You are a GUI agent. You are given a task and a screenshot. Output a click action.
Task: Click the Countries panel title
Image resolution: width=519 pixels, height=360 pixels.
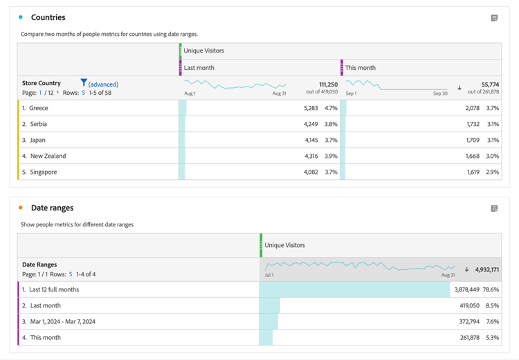tap(48, 17)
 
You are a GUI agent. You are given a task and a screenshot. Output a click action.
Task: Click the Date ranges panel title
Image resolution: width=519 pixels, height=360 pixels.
tap(52, 208)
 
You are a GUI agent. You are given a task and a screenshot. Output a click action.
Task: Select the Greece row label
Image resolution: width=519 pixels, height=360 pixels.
tap(39, 108)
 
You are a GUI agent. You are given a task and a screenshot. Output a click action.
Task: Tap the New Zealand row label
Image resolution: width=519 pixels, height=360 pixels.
tap(48, 156)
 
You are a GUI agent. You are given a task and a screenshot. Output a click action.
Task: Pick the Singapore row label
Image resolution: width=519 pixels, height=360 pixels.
tap(44, 172)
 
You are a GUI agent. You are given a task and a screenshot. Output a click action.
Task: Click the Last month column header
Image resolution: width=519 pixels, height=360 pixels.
tap(199, 68)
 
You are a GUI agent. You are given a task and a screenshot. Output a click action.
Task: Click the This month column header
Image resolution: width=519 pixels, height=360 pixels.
tap(361, 68)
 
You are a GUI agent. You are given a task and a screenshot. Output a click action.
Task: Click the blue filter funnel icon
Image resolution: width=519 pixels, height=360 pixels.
tap(84, 83)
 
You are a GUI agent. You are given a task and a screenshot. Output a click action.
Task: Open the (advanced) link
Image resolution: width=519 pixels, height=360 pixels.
tap(103, 84)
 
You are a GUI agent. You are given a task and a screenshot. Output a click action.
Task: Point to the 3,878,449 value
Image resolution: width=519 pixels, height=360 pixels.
tap(466, 289)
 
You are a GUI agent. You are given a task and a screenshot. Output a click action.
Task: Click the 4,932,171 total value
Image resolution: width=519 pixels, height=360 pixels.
tap(487, 269)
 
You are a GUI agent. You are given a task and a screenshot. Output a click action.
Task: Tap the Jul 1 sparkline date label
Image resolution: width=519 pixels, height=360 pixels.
tap(269, 275)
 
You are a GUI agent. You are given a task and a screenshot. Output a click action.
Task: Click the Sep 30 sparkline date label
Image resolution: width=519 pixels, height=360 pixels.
tap(440, 93)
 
